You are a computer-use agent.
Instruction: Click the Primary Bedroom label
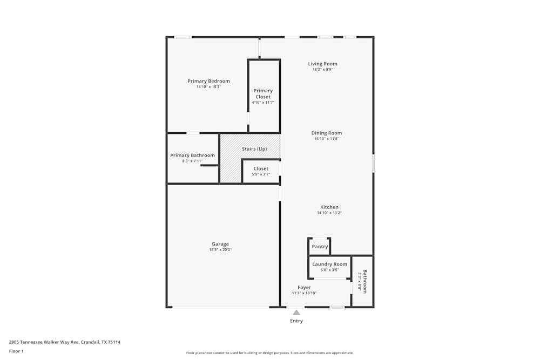tap(208, 81)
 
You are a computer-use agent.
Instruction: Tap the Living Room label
tap(322, 64)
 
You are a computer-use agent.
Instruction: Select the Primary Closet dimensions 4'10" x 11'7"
tap(263, 103)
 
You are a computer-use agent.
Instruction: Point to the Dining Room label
tap(326, 133)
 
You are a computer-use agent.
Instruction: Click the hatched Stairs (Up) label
tap(254, 148)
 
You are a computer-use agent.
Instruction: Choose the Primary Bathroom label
tap(192, 155)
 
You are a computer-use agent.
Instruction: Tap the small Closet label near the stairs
tap(261, 168)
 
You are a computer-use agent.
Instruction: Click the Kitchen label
tap(329, 207)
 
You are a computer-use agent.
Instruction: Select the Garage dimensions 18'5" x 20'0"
tap(220, 250)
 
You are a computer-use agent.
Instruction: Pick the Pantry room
tap(320, 247)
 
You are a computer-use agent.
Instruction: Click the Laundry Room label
tap(329, 264)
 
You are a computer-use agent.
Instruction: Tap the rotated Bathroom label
tap(365, 281)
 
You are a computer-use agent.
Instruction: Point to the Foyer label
tap(304, 287)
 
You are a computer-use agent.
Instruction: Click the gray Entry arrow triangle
tap(296, 312)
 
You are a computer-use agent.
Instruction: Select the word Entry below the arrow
tap(296, 321)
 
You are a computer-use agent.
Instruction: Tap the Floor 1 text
tap(16, 351)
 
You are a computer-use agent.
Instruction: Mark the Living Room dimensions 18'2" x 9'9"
tap(322, 70)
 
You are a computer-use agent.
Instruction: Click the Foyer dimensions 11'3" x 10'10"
tap(304, 293)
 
